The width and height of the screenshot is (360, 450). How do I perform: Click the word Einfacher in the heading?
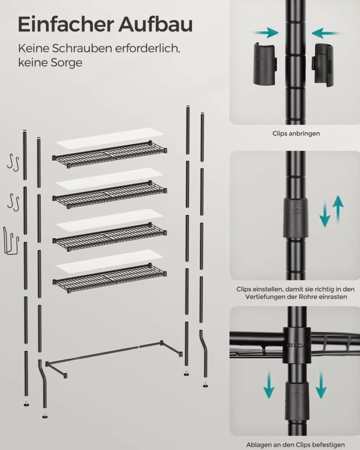[x=66, y=24]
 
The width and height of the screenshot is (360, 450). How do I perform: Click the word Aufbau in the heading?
[x=156, y=24]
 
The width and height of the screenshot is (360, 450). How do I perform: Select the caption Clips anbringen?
[x=296, y=134]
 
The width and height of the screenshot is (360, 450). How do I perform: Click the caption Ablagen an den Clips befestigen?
[x=295, y=445]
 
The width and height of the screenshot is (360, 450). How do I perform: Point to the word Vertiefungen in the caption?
[x=264, y=297]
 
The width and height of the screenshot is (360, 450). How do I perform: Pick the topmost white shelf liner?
[x=109, y=138]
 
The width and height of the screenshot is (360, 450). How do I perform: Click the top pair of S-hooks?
[x=13, y=161]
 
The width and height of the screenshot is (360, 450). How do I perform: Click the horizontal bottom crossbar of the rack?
[x=108, y=353]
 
